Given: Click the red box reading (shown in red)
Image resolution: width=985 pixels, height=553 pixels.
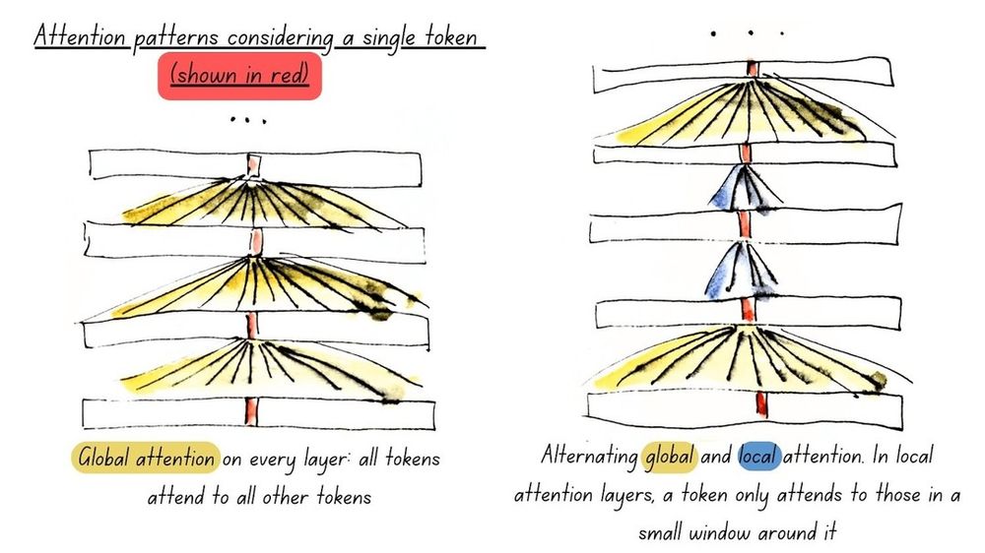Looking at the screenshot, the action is (x=239, y=76).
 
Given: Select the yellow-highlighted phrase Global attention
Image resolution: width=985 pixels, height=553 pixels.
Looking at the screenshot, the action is (x=146, y=458).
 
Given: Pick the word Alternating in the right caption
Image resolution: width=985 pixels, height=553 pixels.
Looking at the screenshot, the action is (x=589, y=456).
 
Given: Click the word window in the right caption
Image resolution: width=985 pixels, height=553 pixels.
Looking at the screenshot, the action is (x=721, y=533).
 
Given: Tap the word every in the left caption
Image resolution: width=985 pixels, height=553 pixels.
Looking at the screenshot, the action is (x=272, y=460).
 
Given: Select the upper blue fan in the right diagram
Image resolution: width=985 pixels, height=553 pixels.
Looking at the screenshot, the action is (x=745, y=186).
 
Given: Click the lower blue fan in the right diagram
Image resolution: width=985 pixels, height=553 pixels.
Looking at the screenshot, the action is (x=742, y=270).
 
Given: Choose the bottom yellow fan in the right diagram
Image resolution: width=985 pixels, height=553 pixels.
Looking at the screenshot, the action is (x=748, y=360).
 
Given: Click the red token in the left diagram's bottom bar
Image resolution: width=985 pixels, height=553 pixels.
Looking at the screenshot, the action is (x=252, y=411).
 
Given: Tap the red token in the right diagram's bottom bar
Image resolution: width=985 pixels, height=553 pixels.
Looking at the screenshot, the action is (x=762, y=404).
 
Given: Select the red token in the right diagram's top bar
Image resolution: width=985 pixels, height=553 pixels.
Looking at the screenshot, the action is (x=752, y=69).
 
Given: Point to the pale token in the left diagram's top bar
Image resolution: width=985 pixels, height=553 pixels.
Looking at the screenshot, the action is (x=253, y=165).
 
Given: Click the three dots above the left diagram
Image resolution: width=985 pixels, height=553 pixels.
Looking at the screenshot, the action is (x=248, y=119).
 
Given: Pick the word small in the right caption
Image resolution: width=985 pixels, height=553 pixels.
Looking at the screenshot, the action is (x=660, y=533).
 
